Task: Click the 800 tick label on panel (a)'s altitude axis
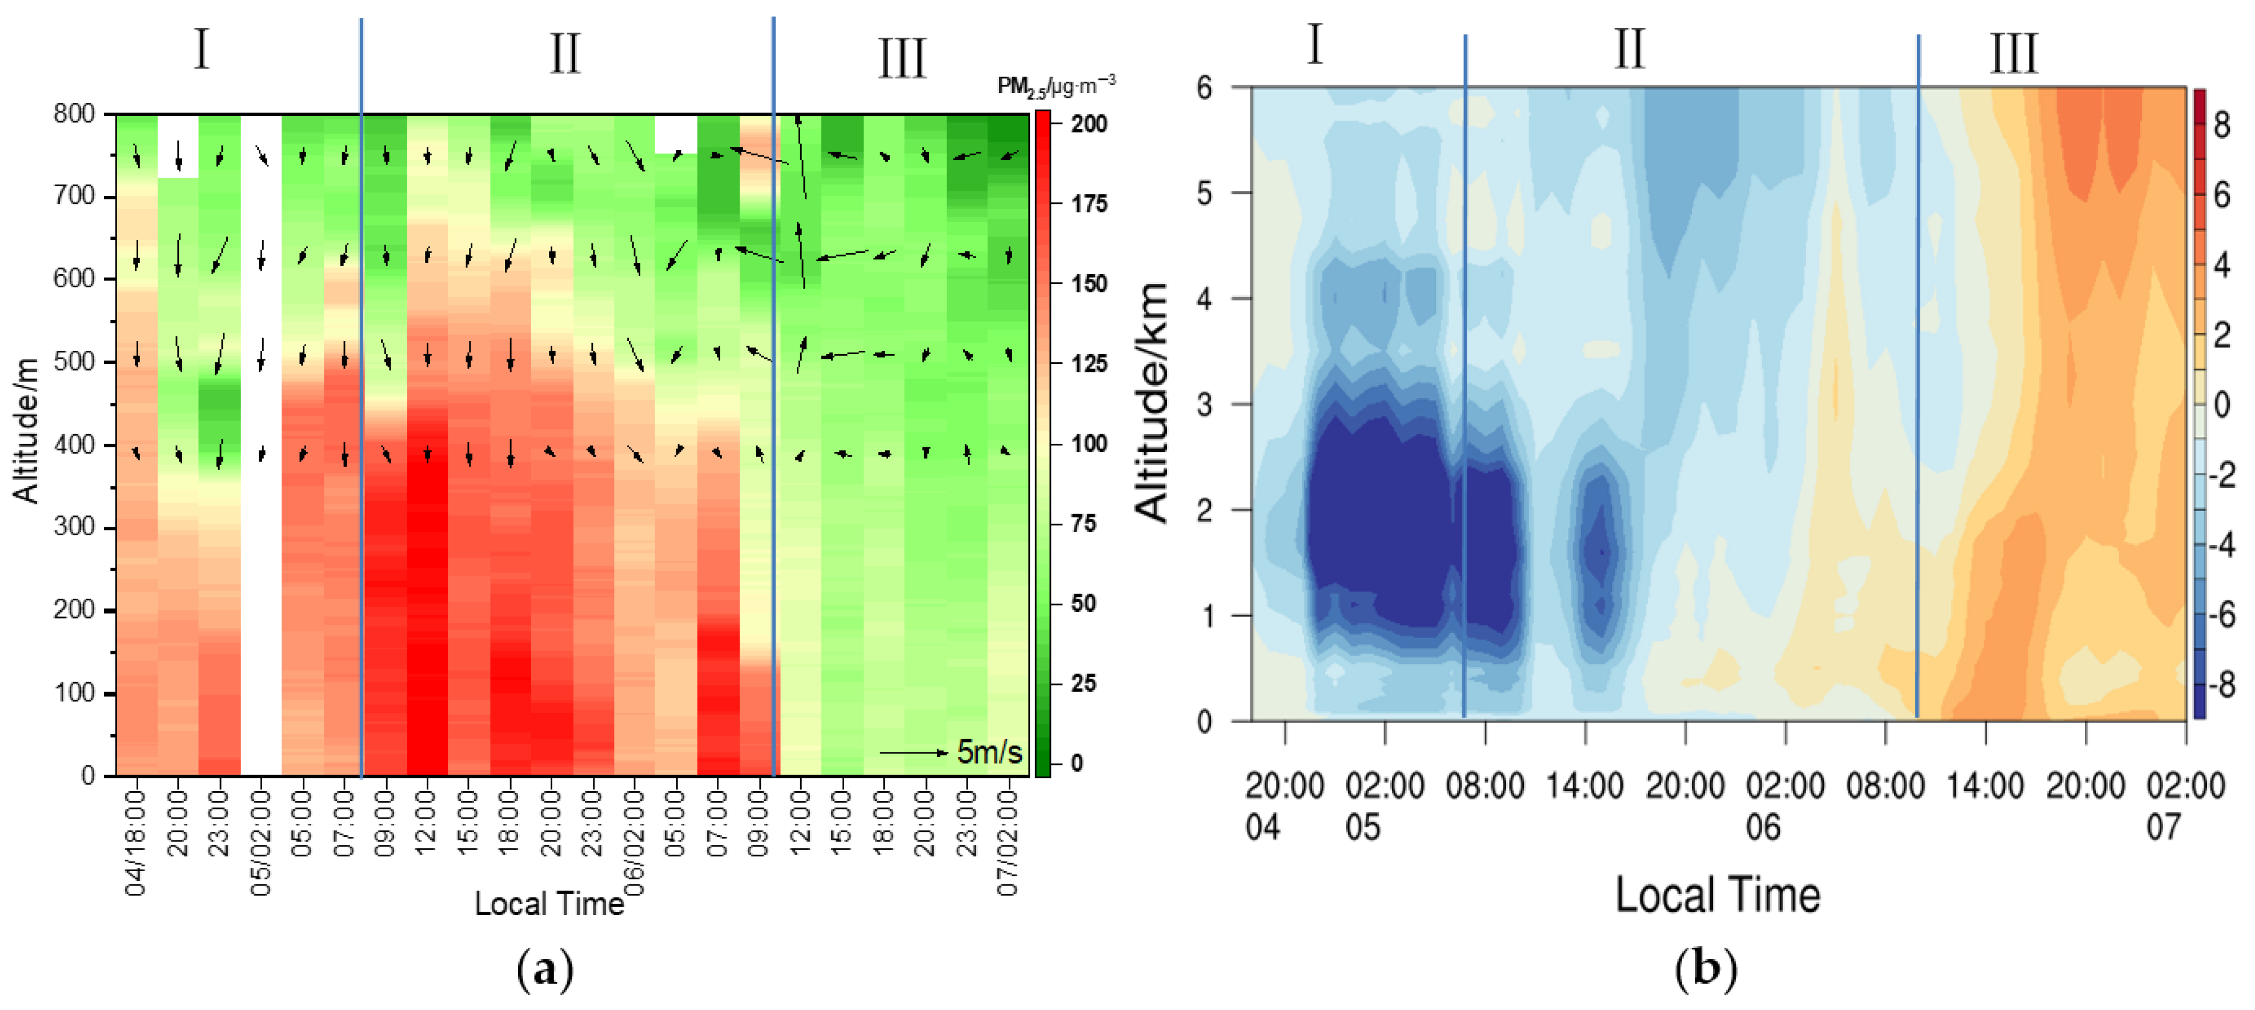coord(74,114)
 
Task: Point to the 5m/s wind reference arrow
coord(913,752)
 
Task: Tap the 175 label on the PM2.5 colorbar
coord(1089,204)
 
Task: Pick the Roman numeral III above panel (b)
coord(2013,54)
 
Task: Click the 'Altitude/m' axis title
coord(26,431)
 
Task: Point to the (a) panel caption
coord(545,970)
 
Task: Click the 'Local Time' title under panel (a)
coord(549,903)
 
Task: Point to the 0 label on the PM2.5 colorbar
coord(1077,762)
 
